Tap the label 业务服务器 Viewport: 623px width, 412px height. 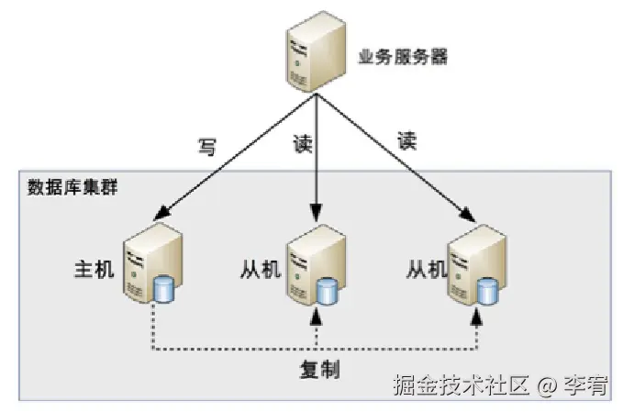click(402, 57)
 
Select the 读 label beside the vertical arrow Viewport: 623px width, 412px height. click(302, 144)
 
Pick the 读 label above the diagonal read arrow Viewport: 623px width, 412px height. click(407, 140)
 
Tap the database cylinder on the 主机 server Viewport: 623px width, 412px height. click(164, 290)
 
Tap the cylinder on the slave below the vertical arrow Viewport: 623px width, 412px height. click(327, 292)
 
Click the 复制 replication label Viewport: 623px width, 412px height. click(319, 370)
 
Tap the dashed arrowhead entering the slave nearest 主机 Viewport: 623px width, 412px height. click(317, 317)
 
